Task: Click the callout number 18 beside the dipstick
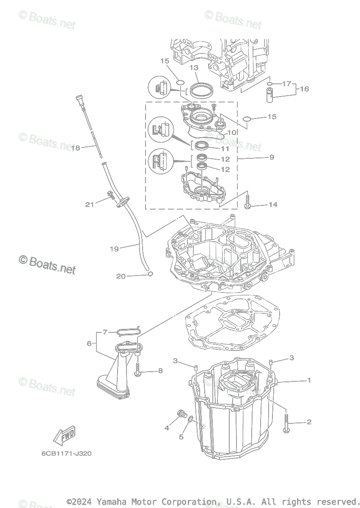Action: point(76,148)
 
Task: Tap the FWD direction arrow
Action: point(65,434)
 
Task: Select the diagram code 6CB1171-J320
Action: point(66,453)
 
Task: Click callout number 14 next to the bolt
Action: point(273,204)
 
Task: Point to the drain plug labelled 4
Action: point(182,414)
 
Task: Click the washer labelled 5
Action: point(190,420)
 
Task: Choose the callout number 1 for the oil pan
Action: point(309,380)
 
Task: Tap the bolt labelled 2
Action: point(286,424)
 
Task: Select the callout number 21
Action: point(89,204)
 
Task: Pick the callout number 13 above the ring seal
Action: point(194,68)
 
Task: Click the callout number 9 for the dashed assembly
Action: point(272,157)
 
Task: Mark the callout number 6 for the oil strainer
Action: point(89,343)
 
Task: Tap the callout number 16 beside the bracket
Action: point(304,89)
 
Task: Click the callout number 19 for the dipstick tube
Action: point(114,249)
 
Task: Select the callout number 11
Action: point(225,149)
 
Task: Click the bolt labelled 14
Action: point(247,202)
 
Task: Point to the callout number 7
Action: point(105,332)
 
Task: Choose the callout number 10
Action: point(231,133)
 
